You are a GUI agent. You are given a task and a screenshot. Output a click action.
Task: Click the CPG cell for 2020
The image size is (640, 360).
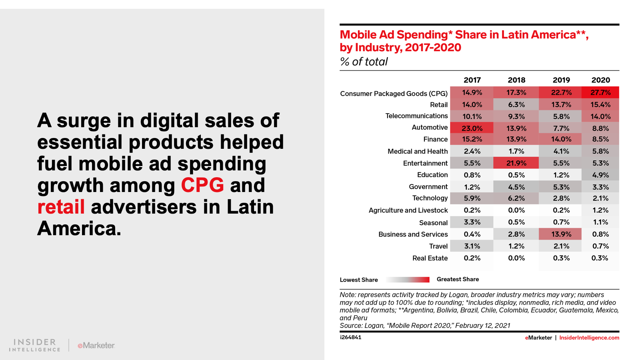coord(600,92)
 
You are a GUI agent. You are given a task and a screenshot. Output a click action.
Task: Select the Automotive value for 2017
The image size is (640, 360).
coord(472,128)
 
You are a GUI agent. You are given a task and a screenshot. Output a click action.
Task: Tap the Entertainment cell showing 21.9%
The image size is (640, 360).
coord(516,163)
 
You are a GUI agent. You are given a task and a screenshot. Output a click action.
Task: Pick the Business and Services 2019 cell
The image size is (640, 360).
coord(561,234)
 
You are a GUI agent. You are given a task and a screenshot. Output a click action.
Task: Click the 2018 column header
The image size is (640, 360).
coord(516,80)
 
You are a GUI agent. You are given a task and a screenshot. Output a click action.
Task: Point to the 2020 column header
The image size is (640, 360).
coord(600,80)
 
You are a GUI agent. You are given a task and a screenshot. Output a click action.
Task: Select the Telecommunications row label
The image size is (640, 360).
coord(416,116)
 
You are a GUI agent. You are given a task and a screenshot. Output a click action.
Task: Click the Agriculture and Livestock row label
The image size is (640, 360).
coord(408,210)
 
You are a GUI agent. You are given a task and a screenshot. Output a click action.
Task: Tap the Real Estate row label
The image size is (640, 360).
coord(430,258)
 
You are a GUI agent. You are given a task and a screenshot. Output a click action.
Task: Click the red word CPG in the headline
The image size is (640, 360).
coord(202,185)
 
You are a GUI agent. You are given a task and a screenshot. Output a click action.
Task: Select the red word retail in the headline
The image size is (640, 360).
coord(61,207)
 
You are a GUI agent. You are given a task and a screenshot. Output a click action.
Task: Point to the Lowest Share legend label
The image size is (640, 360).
coord(359,280)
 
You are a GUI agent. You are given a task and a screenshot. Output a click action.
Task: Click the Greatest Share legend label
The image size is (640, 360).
coord(458,279)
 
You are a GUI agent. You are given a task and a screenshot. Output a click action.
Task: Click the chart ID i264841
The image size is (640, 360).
coord(350,337)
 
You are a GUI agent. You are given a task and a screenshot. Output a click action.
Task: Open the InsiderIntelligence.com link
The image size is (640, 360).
coord(589,338)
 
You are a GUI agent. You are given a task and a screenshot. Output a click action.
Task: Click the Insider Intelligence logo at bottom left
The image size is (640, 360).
coord(35,345)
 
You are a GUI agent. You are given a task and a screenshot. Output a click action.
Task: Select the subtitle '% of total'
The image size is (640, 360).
coord(364,62)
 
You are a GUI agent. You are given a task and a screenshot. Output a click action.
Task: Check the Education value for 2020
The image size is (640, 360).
coord(600,175)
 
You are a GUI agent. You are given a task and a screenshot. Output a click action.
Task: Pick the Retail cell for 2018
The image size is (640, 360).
coord(516,104)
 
